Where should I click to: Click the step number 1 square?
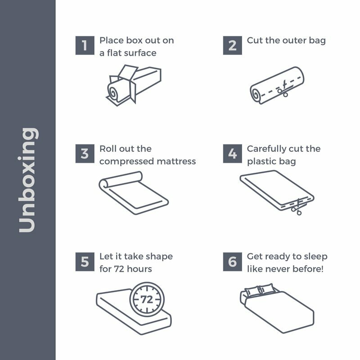pyautogui.click(x=85, y=45)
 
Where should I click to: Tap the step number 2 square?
pyautogui.click(x=232, y=45)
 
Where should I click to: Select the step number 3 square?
pyautogui.click(x=85, y=153)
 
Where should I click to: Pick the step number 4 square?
pyautogui.click(x=232, y=153)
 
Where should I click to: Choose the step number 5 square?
pyautogui.click(x=85, y=262)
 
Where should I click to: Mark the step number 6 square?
pyautogui.click(x=232, y=262)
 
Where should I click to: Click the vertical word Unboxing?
pyautogui.click(x=28, y=180)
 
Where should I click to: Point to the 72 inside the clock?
pyautogui.click(x=147, y=299)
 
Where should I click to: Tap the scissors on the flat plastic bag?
pyautogui.click(x=297, y=207)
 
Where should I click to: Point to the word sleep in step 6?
pyautogui.click(x=316, y=257)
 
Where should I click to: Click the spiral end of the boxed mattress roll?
pyautogui.click(x=113, y=92)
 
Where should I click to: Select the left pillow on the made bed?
pyautogui.click(x=252, y=291)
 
